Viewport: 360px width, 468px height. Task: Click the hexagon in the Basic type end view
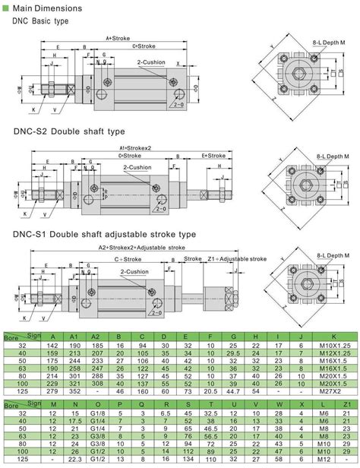coord(300,74)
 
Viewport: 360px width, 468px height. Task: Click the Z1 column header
coord(346,382)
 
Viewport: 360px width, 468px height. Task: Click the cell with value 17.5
coord(74,399)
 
